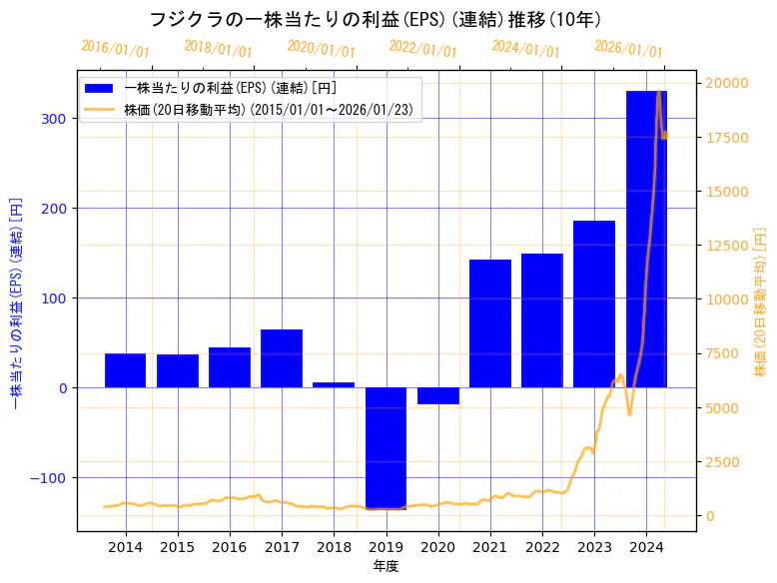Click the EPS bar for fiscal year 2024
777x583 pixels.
click(x=646, y=239)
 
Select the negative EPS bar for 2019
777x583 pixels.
click(x=386, y=448)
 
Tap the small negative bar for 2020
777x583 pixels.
click(x=437, y=395)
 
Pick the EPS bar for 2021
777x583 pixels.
click(x=489, y=323)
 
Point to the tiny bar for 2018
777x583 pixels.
click(x=334, y=384)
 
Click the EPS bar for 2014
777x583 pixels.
click(x=125, y=370)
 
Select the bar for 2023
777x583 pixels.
click(x=594, y=303)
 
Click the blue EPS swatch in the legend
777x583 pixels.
click(x=100, y=88)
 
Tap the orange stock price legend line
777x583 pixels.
click(x=100, y=110)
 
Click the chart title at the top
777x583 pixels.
click(x=376, y=19)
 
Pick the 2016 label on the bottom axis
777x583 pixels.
click(x=230, y=547)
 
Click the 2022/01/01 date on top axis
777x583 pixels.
click(x=422, y=49)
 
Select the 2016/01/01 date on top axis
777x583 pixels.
click(x=115, y=49)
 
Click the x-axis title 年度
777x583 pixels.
click(x=386, y=566)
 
